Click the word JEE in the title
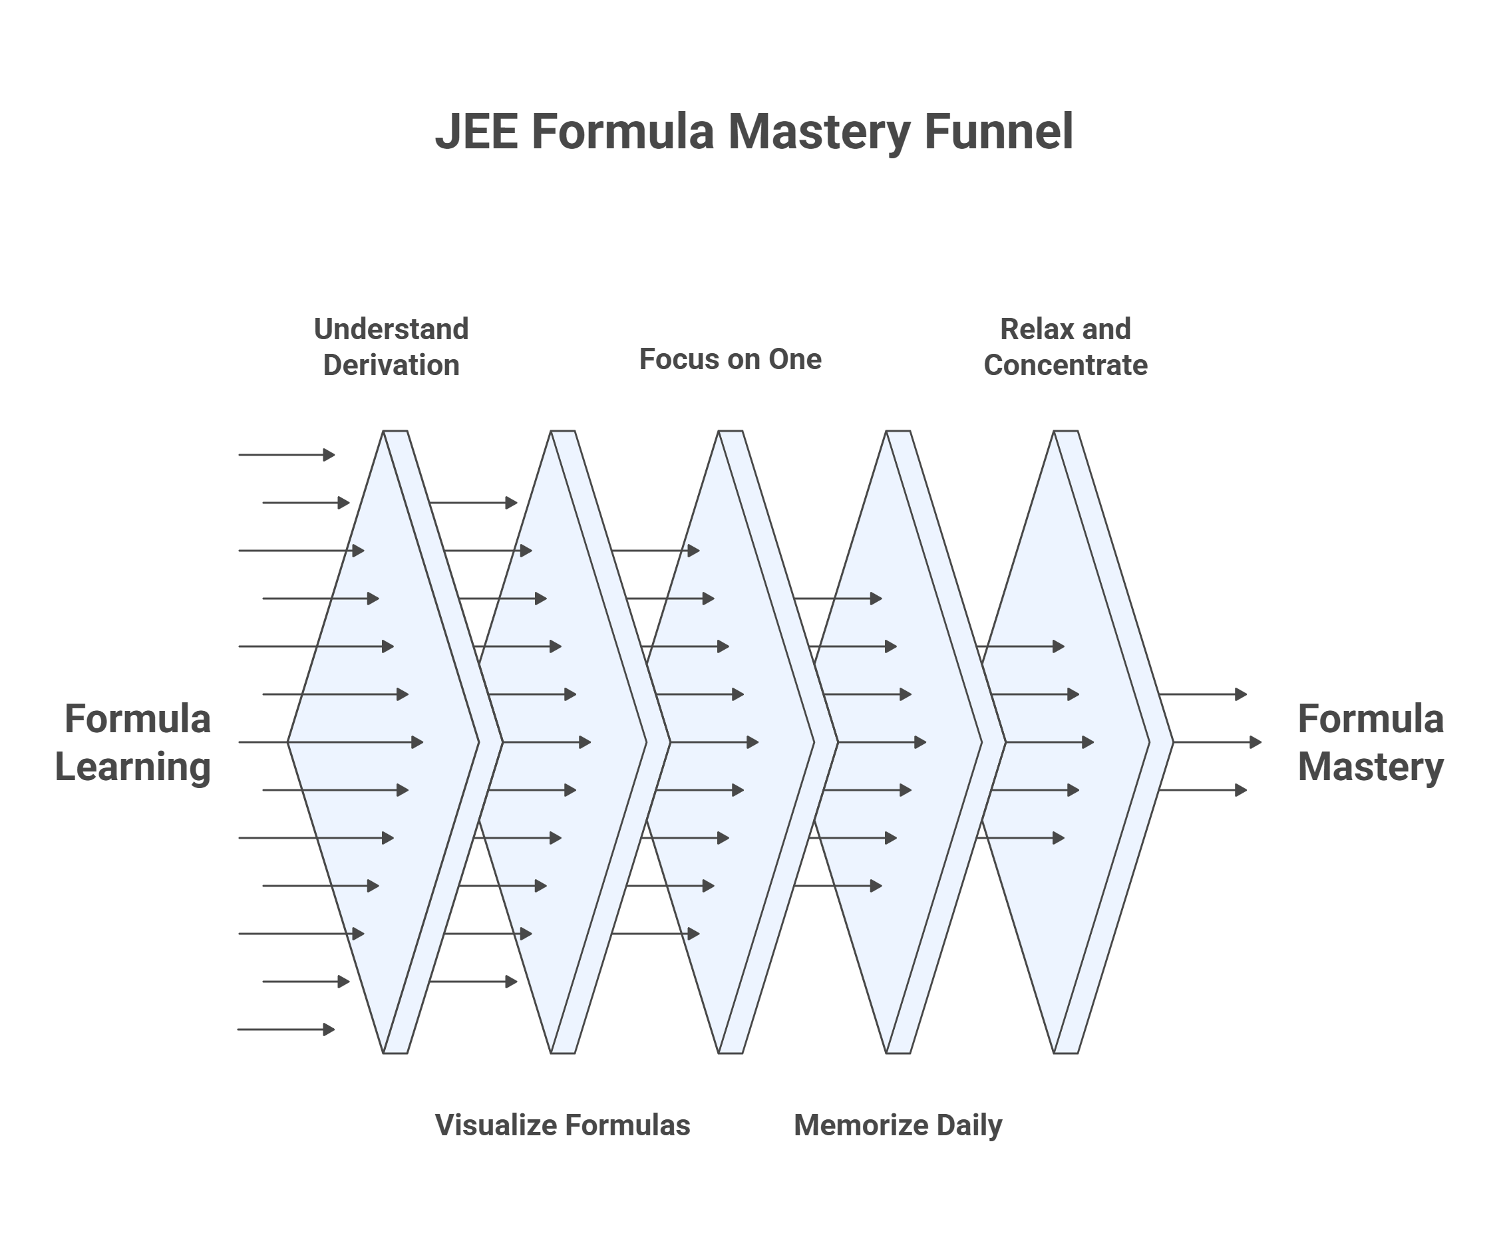[x=476, y=132]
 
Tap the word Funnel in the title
[x=998, y=132]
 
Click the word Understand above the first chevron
[x=391, y=329]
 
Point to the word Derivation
[x=391, y=365]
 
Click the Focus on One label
[x=730, y=359]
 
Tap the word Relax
[x=1028, y=329]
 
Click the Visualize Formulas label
[x=562, y=1125]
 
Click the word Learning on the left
[x=133, y=766]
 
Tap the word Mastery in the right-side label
[x=1370, y=766]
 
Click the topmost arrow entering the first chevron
[x=286, y=455]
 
